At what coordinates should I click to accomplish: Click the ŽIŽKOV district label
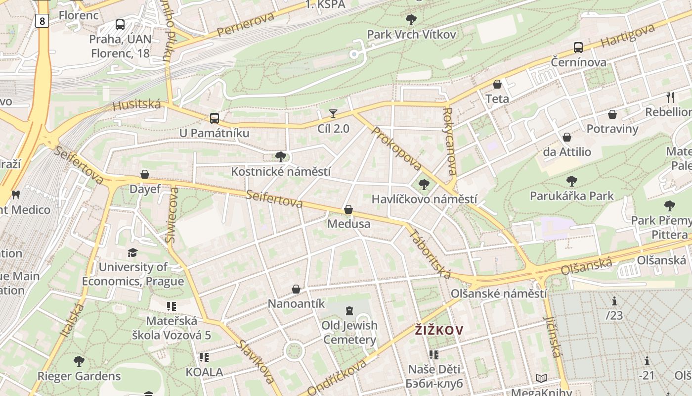(439, 330)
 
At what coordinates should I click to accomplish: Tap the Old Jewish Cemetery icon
(349, 311)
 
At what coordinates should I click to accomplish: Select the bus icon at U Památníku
(214, 118)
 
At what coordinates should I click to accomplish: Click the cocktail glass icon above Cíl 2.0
(333, 114)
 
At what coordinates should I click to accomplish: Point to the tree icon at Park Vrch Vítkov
(411, 20)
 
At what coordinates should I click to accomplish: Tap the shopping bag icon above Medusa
(348, 209)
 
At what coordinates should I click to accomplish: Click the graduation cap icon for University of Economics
(132, 253)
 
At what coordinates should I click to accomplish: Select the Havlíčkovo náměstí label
(424, 199)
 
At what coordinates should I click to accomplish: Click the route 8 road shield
(42, 21)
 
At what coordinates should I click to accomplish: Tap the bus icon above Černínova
(578, 48)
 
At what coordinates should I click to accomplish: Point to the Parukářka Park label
(571, 196)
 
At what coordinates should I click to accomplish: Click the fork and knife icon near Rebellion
(670, 97)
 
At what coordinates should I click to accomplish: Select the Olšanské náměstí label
(499, 294)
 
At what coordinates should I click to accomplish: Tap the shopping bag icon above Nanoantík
(296, 289)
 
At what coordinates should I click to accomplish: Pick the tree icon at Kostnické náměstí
(281, 157)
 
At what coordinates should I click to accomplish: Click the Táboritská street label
(429, 253)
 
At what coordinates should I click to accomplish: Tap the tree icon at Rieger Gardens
(79, 361)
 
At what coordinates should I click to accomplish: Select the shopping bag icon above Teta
(497, 84)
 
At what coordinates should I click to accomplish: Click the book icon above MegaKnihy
(541, 379)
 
